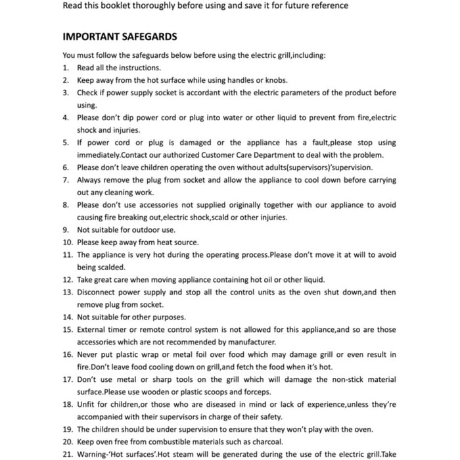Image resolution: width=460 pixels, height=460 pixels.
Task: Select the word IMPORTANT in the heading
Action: [x=89, y=37]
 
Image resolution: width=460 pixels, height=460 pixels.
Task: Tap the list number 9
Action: [x=66, y=230]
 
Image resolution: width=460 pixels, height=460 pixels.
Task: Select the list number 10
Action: [x=68, y=242]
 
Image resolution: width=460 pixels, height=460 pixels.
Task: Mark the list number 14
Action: [x=68, y=317]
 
